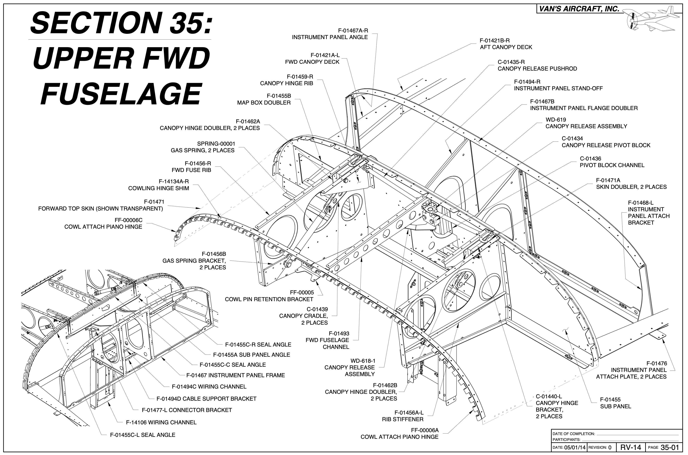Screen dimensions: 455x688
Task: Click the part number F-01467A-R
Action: coord(353,30)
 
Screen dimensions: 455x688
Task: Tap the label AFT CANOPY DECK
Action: coord(506,47)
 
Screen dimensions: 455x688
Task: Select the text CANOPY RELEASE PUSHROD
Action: coord(537,69)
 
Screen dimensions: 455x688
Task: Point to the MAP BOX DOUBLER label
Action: coord(264,103)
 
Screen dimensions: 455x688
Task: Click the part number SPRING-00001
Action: coord(216,144)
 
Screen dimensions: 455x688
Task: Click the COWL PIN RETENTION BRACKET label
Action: coord(269,299)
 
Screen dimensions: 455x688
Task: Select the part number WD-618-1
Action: coord(363,361)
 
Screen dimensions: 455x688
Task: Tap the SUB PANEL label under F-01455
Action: coord(615,407)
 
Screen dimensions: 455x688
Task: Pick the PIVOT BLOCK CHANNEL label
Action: coord(612,165)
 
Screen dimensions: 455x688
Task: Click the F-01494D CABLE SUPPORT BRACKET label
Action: coord(206,399)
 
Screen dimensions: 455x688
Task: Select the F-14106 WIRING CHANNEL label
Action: coord(161,423)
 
